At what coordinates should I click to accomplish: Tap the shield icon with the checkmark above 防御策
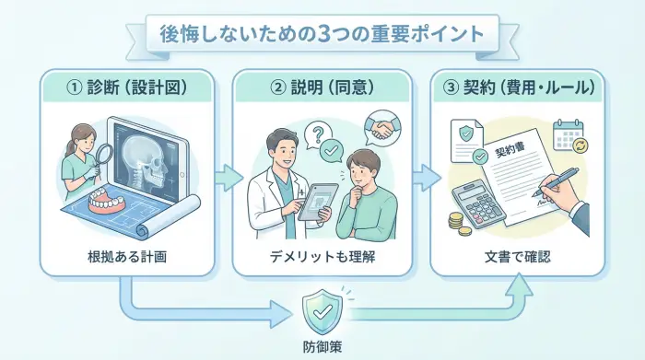point(323,310)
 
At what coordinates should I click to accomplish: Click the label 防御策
point(323,345)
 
